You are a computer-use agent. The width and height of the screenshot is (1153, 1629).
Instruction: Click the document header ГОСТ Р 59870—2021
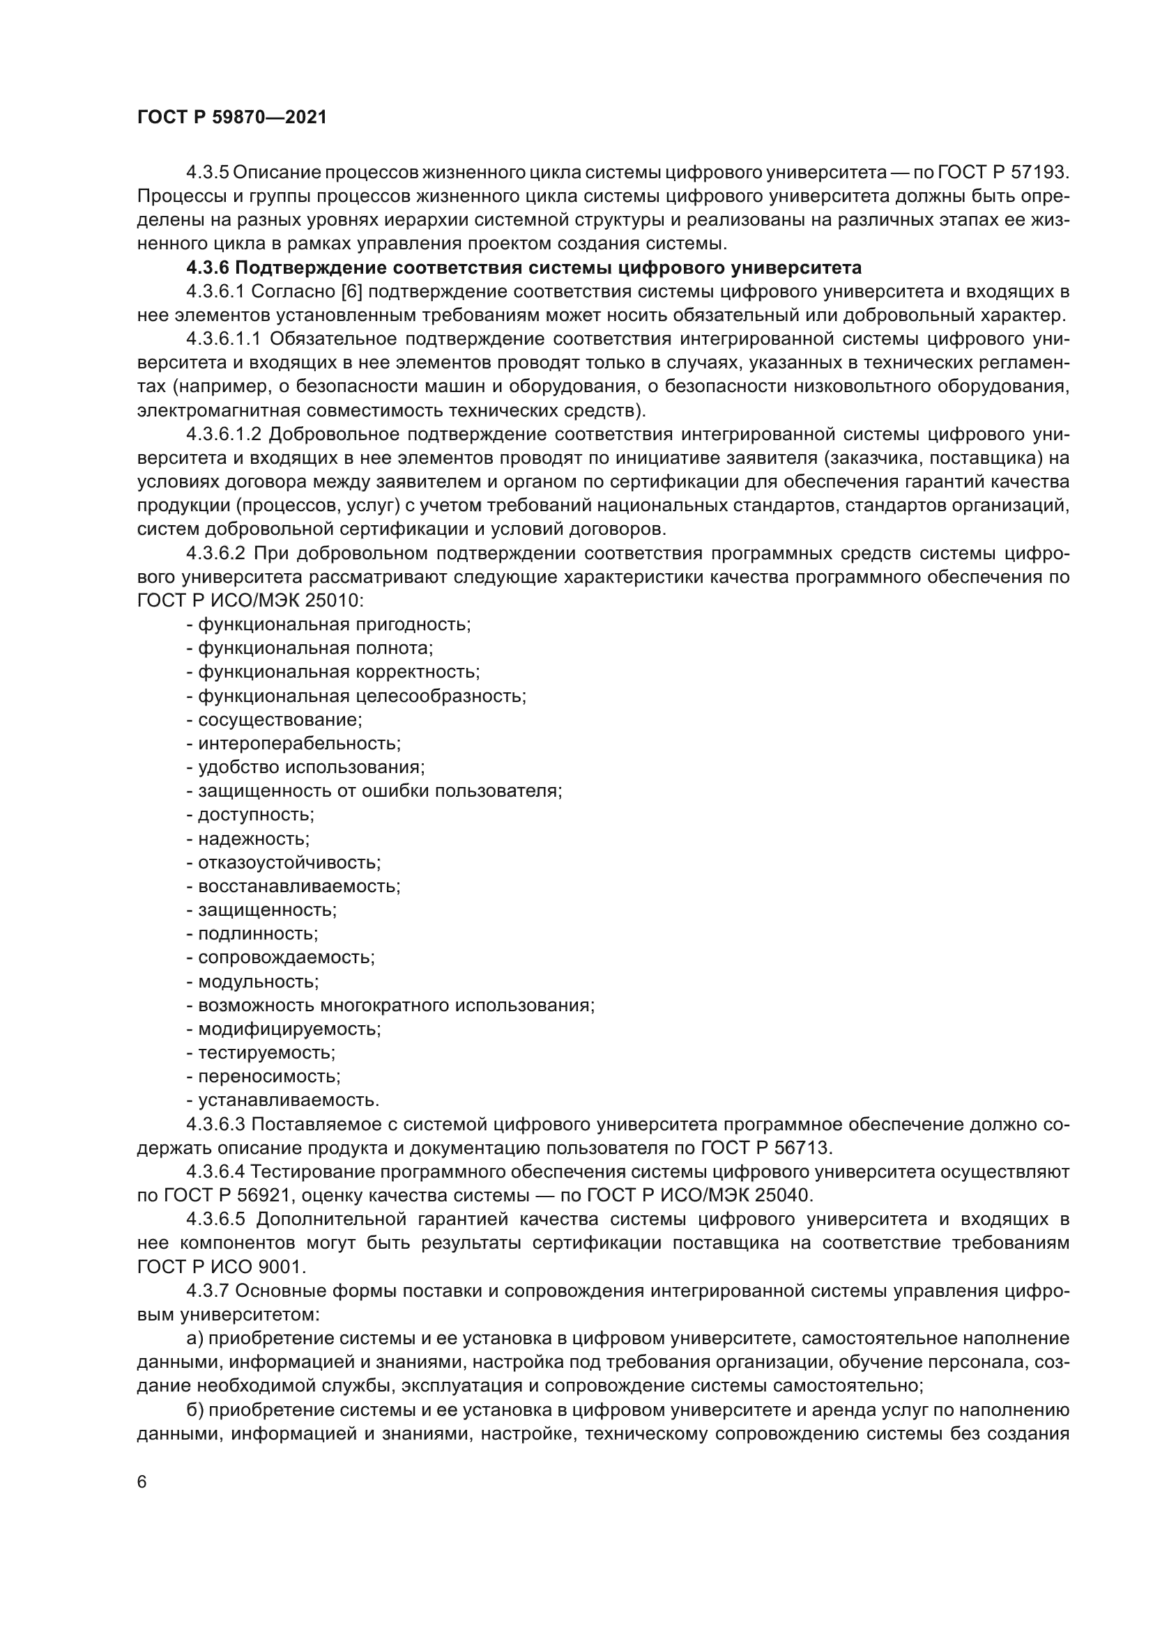point(232,118)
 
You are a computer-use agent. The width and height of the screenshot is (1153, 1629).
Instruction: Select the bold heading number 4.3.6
point(208,267)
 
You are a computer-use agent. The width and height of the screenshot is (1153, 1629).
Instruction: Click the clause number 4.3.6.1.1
point(224,339)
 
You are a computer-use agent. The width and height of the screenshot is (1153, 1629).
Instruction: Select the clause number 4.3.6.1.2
point(224,434)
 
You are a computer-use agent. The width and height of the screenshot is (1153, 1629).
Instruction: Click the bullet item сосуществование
point(279,719)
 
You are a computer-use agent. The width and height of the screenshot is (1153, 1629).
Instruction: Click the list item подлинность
point(257,934)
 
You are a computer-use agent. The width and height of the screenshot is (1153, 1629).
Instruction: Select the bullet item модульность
point(258,981)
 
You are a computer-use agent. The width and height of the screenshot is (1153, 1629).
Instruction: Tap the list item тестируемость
point(266,1053)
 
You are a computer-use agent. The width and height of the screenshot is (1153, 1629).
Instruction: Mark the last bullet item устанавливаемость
point(287,1100)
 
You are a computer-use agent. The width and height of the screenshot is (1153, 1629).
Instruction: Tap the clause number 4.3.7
point(208,1291)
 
